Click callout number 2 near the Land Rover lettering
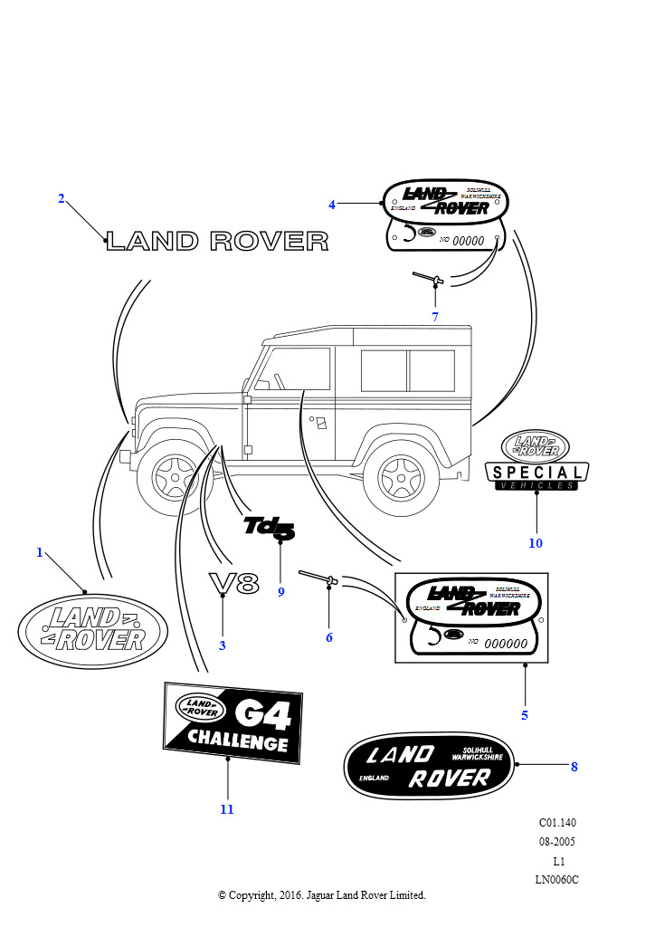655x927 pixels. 62,199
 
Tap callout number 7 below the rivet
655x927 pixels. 435,317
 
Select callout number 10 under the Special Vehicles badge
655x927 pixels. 536,543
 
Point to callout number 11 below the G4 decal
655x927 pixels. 227,809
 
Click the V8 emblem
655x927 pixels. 233,584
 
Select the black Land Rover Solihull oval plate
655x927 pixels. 429,765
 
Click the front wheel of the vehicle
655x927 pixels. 174,473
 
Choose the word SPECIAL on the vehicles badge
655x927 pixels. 536,472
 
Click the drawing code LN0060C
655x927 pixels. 556,879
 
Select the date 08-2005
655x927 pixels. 556,842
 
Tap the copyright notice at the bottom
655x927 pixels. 321,895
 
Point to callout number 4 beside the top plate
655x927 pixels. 332,205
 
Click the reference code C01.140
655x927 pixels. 557,823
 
